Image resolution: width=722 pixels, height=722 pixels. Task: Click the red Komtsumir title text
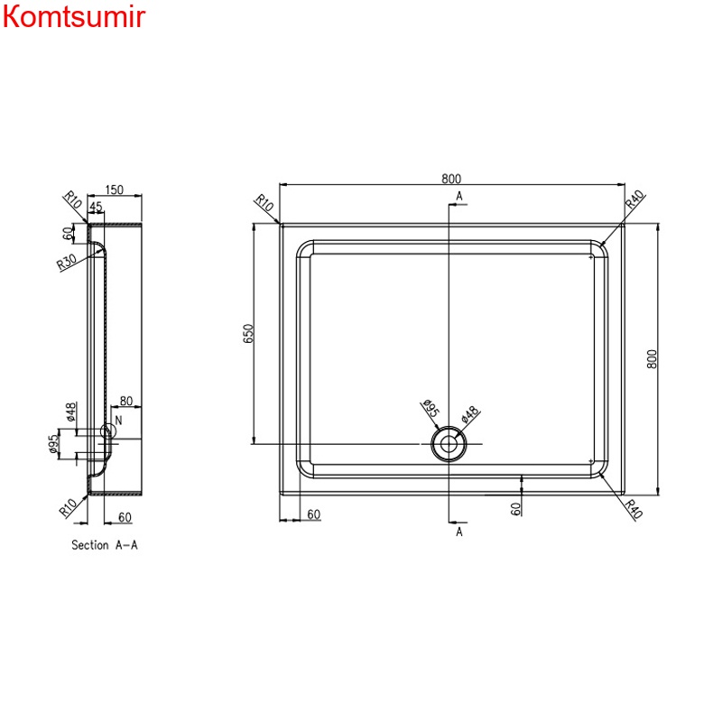coord(73,17)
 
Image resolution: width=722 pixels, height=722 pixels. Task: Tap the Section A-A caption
coord(104,545)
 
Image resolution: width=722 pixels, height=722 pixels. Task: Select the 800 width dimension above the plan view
coord(449,178)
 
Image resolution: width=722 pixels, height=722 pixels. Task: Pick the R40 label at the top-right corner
coord(634,201)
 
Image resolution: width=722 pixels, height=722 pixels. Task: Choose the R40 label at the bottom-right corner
coord(634,509)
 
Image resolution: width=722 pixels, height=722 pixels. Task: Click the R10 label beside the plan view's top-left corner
coord(264,205)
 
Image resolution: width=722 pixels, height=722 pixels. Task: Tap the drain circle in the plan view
coord(448,443)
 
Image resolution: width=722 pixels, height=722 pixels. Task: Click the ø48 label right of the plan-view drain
coord(470,414)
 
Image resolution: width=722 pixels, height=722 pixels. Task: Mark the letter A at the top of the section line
coord(458,196)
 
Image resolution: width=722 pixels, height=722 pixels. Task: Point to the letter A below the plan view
coord(458,532)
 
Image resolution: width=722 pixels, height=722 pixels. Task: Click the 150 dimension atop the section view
coord(115,190)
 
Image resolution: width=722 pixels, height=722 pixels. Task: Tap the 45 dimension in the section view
coord(97,207)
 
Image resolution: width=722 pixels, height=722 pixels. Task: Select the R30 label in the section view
coord(66,263)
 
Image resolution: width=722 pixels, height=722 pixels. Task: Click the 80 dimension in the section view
coord(125,402)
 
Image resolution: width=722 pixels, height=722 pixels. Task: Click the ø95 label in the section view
coord(55,444)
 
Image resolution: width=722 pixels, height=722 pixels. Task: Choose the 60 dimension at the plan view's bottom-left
coord(313,514)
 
